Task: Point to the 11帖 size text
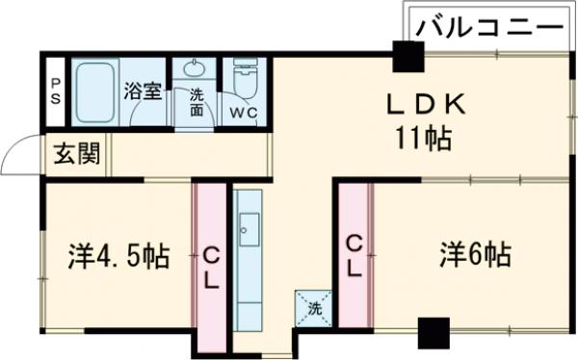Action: pos(424,139)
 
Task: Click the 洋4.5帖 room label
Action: pos(118,256)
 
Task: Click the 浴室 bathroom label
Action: pos(143,93)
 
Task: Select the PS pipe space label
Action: pos(55,92)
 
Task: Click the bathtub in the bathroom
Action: pos(94,92)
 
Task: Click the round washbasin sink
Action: pos(197,69)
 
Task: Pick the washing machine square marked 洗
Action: pos(314,307)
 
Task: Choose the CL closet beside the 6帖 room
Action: pos(354,255)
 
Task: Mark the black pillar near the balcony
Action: pos(407,59)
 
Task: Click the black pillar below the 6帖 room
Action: pos(433,334)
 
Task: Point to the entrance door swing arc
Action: pos(19,157)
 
